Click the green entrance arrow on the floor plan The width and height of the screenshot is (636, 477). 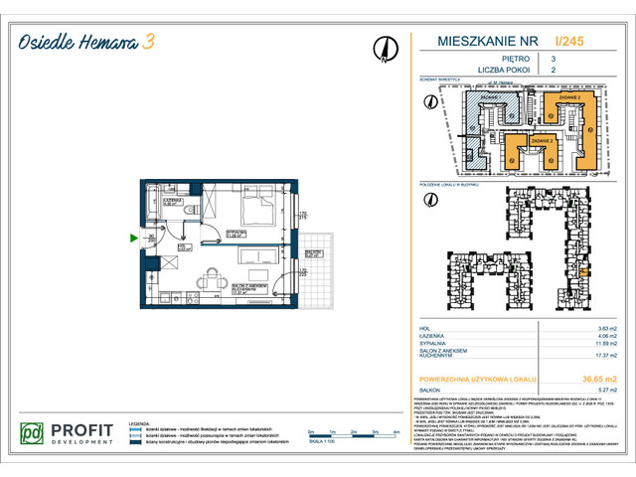point(134,238)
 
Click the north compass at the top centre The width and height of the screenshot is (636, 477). point(383,48)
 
